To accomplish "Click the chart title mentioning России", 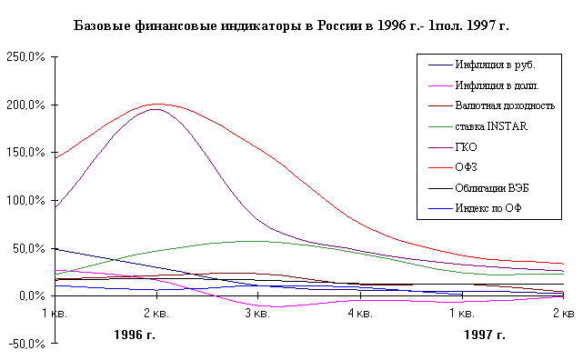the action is (x=291, y=26).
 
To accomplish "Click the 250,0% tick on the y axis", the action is (x=25, y=57).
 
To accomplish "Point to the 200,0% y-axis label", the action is (x=25, y=105).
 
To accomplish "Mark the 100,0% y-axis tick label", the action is (x=25, y=201).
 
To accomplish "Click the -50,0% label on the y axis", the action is (x=26, y=344).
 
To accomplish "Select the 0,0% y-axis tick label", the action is (x=32, y=296).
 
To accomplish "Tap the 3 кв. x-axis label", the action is (x=257, y=314).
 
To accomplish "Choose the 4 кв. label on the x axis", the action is (x=360, y=314).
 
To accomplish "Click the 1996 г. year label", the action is (x=135, y=335).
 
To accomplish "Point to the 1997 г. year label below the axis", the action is (x=485, y=335).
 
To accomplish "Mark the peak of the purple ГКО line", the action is (x=156, y=109).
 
